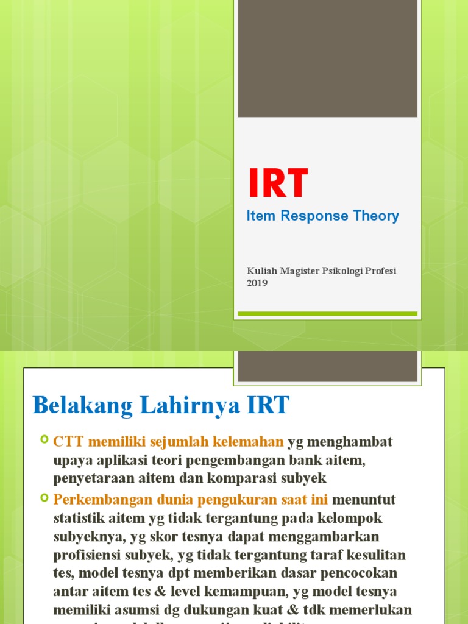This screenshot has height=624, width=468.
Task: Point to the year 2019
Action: click(257, 283)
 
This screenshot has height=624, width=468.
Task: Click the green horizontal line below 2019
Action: click(327, 314)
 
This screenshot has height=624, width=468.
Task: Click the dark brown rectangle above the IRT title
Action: click(327, 58)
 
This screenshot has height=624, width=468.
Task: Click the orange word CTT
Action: click(67, 441)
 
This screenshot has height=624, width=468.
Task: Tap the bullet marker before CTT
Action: click(44, 440)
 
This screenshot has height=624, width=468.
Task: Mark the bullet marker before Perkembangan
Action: click(44, 498)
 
